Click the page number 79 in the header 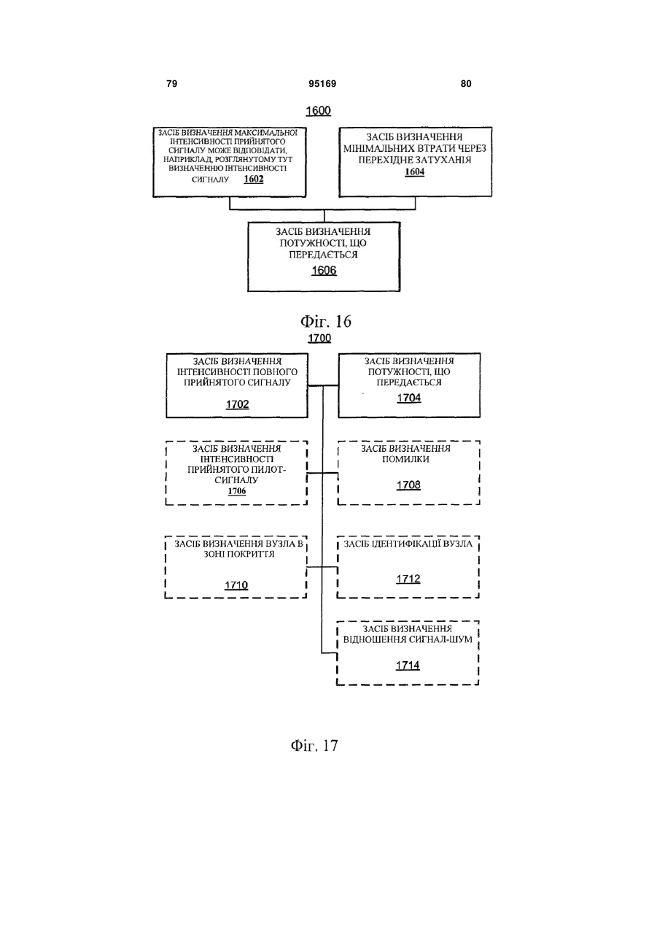click(x=171, y=84)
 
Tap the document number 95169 click(x=322, y=84)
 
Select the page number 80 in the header click(x=466, y=84)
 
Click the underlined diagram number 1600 click(x=319, y=111)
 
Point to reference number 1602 click(x=254, y=179)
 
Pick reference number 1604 click(x=414, y=171)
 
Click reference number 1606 click(x=324, y=271)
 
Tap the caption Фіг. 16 click(x=326, y=321)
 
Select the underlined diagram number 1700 click(x=319, y=338)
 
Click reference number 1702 click(x=238, y=404)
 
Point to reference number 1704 click(x=409, y=398)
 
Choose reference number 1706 click(x=237, y=491)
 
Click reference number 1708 click(x=408, y=485)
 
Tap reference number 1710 click(x=236, y=585)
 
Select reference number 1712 click(x=408, y=579)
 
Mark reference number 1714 click(x=408, y=666)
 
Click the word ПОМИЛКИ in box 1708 click(x=406, y=459)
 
